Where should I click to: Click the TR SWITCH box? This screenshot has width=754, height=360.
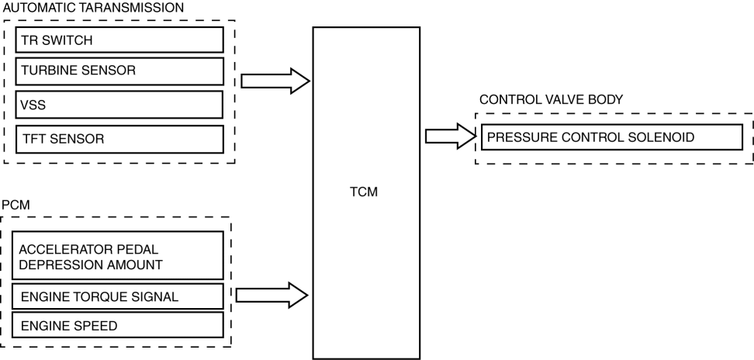(x=119, y=40)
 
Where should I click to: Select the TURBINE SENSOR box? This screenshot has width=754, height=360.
(x=119, y=71)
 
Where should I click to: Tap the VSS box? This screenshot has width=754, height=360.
(x=119, y=105)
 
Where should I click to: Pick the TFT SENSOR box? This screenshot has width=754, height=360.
(x=119, y=139)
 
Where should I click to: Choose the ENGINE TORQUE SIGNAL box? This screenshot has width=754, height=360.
(x=119, y=296)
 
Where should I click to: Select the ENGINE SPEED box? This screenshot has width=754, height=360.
(x=119, y=325)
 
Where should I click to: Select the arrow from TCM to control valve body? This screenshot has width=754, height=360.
(x=449, y=137)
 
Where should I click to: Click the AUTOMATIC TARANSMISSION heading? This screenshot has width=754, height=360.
(x=94, y=6)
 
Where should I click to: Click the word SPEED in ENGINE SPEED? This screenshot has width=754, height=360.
(x=97, y=325)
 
